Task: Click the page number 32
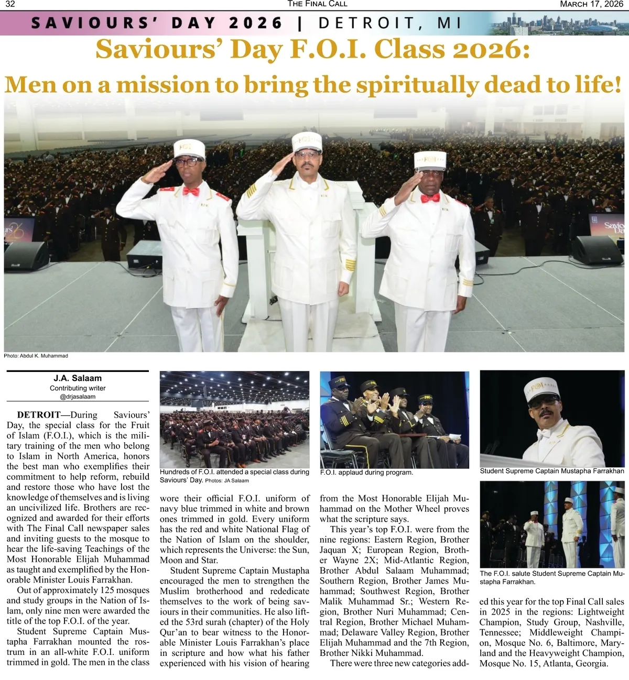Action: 10,4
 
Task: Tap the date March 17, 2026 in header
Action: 591,4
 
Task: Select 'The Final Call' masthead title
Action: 317,4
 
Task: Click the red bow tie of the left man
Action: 191,191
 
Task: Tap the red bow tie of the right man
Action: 430,198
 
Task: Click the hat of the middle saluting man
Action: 307,140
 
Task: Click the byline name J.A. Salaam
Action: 78,378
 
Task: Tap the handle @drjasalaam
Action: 78,397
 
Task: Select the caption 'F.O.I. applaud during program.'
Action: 366,473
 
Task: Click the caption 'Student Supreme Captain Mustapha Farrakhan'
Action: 552,471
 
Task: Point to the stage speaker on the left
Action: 25,255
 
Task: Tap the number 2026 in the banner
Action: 256,23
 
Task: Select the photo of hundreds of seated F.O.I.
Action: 234,419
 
